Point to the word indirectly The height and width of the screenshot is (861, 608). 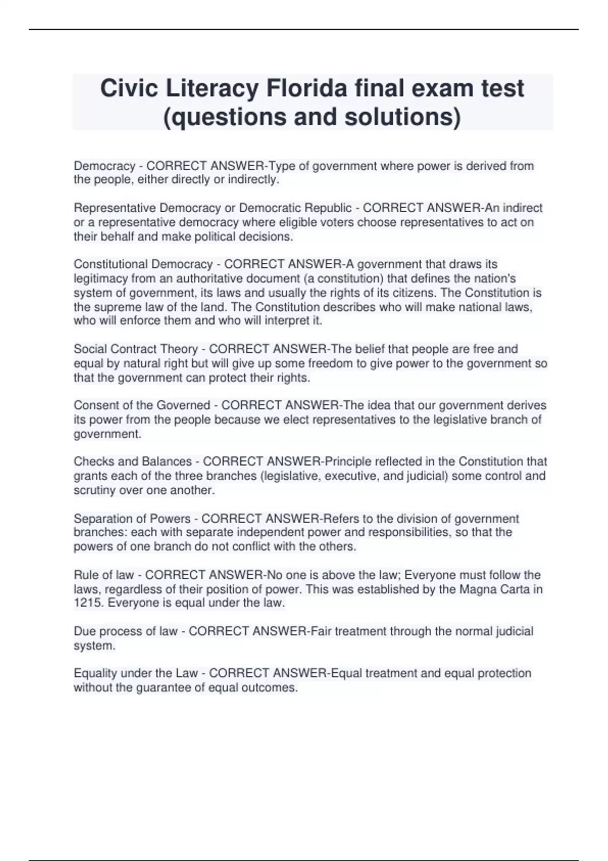pos(253,180)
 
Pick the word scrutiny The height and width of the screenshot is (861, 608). pos(94,490)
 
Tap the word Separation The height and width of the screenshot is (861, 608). pos(100,519)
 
